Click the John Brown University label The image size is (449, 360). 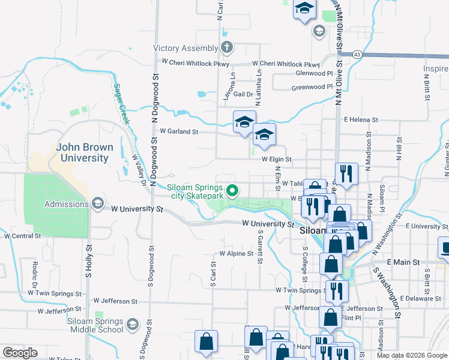pyautogui.click(x=83, y=152)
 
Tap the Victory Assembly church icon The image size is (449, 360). pyautogui.click(x=227, y=47)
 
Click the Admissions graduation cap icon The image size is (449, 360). pyautogui.click(x=97, y=204)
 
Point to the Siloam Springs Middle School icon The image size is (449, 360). pyautogui.click(x=133, y=325)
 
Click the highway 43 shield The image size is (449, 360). pyautogui.click(x=357, y=55)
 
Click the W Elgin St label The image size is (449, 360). pyautogui.click(x=276, y=160)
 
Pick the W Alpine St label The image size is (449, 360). pyautogui.click(x=237, y=254)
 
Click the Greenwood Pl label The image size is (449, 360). pyautogui.click(x=312, y=87)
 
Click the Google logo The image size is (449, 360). pyautogui.click(x=20, y=353)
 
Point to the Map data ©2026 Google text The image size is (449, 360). pyautogui.click(x=412, y=355)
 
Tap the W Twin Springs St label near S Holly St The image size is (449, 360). pyautogui.click(x=54, y=293)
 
